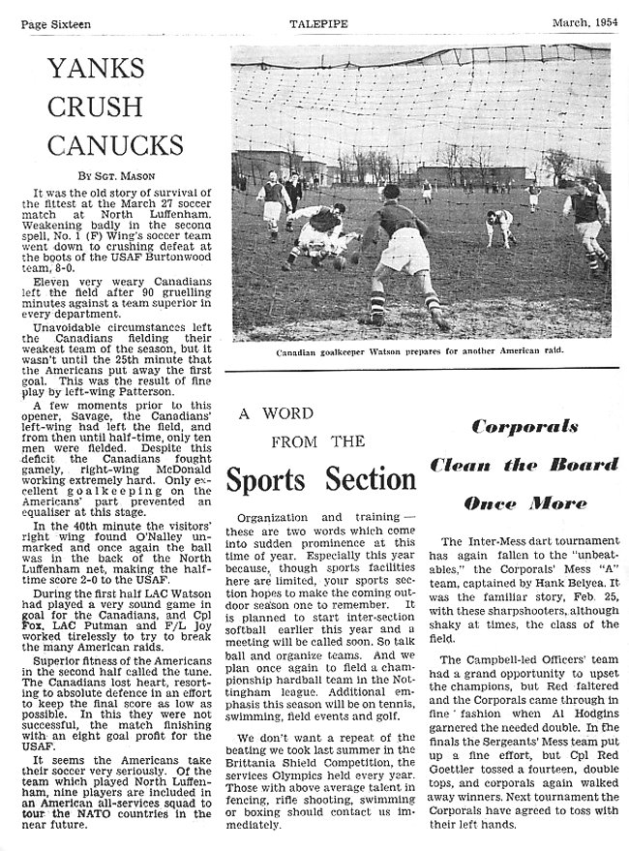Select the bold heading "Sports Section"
tap(321, 479)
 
